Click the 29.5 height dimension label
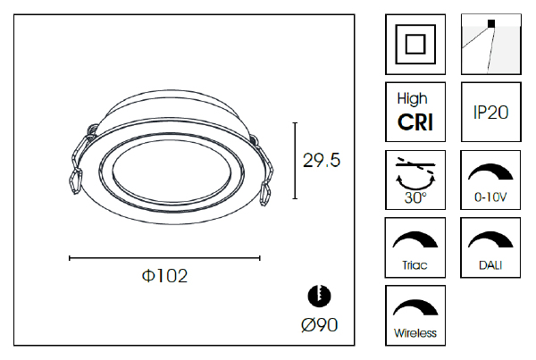(322, 160)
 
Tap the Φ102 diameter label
(164, 275)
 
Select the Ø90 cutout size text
(320, 325)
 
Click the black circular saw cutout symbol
(319, 296)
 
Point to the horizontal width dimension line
(164, 258)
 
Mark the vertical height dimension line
(295, 160)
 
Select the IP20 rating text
(490, 113)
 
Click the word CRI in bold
(415, 122)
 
